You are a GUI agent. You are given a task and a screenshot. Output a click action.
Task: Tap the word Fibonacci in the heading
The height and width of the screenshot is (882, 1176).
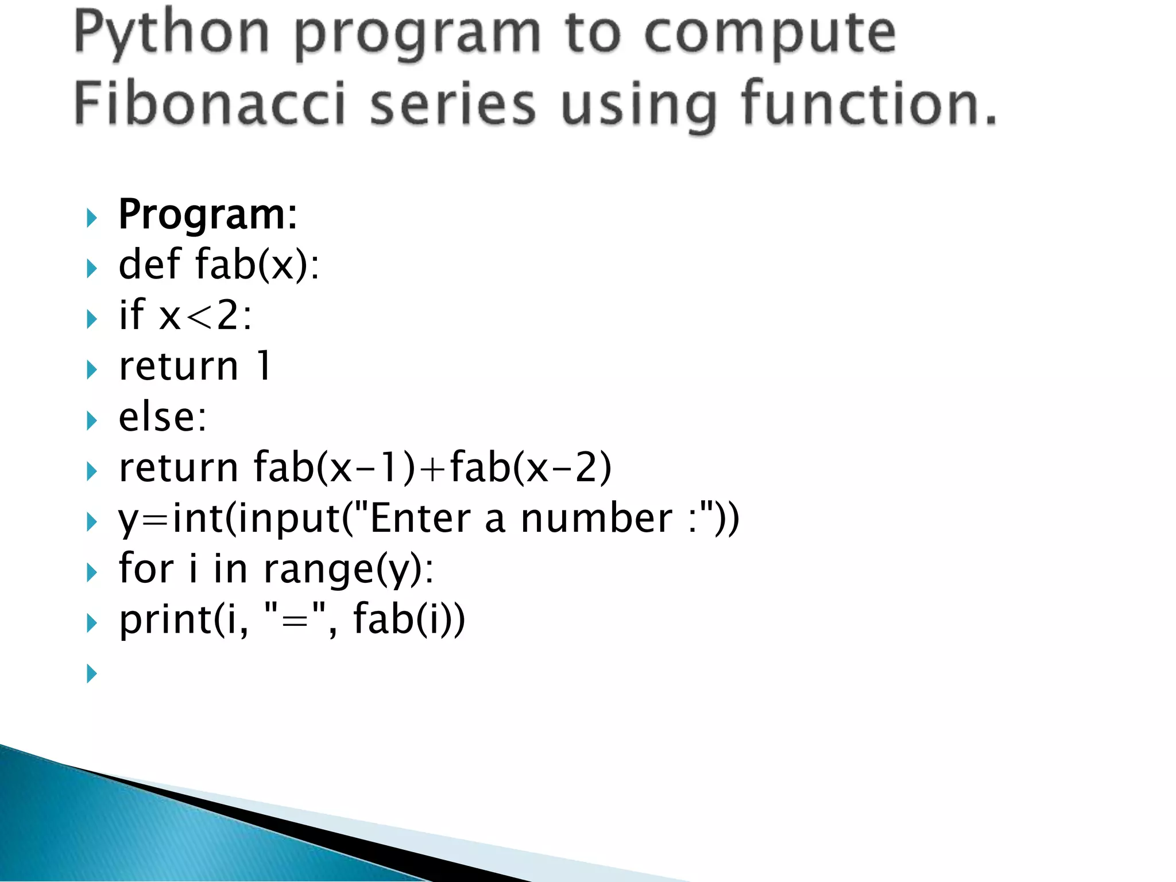pos(210,103)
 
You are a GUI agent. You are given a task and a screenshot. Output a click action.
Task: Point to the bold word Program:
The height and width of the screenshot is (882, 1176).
pos(208,215)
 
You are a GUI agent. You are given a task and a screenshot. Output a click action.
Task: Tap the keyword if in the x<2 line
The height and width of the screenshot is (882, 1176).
pos(131,315)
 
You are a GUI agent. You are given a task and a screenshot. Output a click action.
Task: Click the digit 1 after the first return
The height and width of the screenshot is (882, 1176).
pos(264,366)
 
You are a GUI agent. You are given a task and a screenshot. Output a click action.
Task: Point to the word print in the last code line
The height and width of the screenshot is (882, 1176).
pos(165,620)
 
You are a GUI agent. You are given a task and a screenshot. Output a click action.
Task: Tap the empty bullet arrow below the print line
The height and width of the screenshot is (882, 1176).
pos(92,673)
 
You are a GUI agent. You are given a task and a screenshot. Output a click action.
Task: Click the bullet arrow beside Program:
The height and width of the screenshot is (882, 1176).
pos(92,218)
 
